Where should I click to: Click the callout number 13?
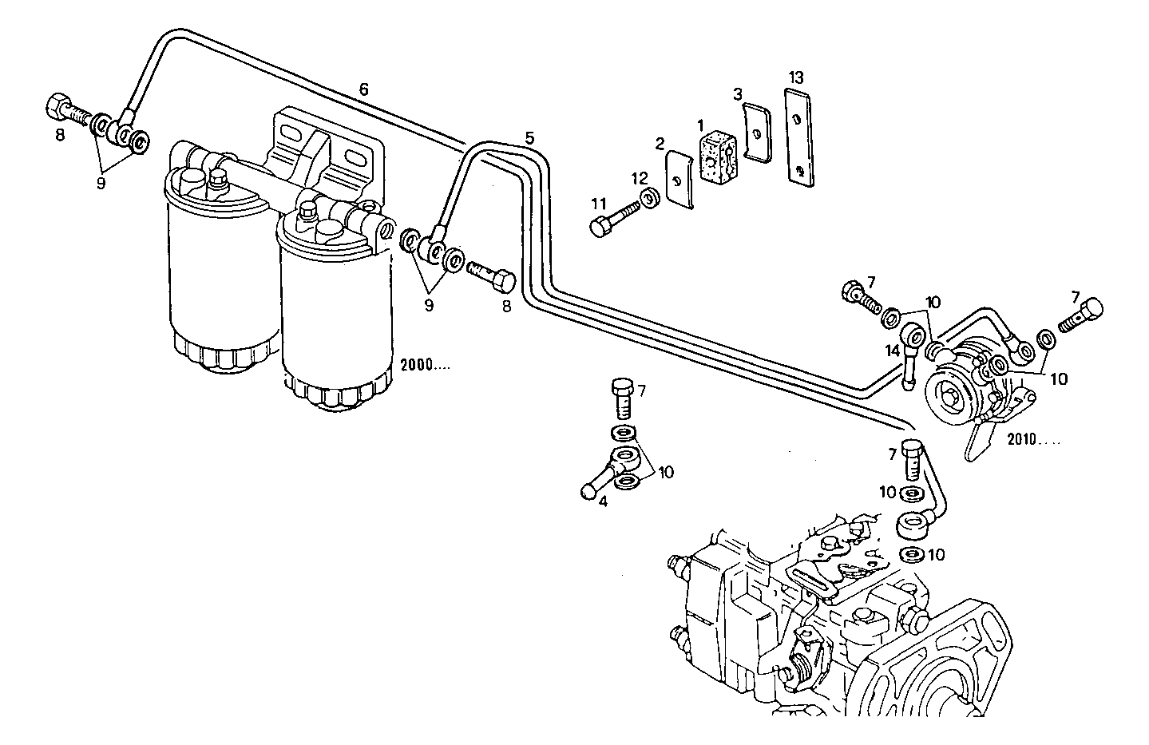point(795,77)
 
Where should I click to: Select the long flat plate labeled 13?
point(799,137)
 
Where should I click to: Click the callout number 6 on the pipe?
point(363,90)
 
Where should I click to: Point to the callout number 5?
point(529,137)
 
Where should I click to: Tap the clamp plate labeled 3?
point(755,131)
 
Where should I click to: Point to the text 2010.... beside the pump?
point(1034,438)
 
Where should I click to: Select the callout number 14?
point(891,350)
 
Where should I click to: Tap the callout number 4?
point(603,502)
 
